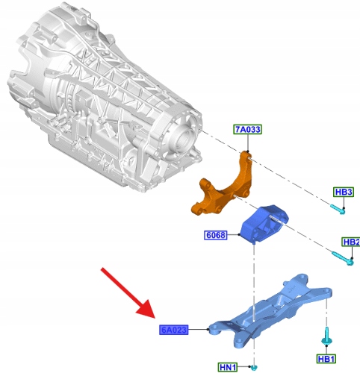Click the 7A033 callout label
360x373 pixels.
[x=248, y=130]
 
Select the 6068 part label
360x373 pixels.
[x=216, y=235]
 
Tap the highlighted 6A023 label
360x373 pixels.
[x=173, y=330]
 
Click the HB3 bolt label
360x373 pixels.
[x=344, y=192]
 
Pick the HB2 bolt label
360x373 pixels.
[x=351, y=242]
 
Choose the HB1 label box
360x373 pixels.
[x=326, y=359]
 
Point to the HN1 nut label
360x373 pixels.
[x=228, y=367]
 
